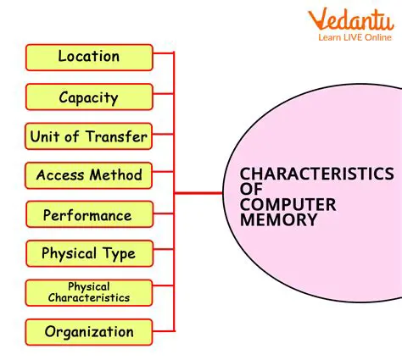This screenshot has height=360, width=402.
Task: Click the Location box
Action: click(89, 57)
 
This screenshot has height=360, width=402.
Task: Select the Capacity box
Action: click(89, 97)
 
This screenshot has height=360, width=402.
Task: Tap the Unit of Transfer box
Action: click(89, 136)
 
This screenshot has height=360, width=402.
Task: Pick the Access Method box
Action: click(89, 175)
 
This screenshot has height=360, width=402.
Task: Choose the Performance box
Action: click(89, 215)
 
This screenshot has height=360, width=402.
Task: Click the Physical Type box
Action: click(89, 253)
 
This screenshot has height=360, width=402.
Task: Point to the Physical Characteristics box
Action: click(89, 292)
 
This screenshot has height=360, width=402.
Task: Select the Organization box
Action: click(89, 332)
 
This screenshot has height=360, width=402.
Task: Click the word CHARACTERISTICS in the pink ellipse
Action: click(316, 174)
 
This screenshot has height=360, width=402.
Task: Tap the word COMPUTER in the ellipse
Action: click(288, 204)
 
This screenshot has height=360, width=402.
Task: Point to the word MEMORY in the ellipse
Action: click(278, 219)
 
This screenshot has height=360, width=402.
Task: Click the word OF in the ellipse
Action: click(251, 190)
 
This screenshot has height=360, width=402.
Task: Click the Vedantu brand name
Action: click(352, 20)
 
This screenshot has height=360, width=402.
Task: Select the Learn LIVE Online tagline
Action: click(355, 37)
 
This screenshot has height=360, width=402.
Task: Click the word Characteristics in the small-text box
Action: click(89, 297)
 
